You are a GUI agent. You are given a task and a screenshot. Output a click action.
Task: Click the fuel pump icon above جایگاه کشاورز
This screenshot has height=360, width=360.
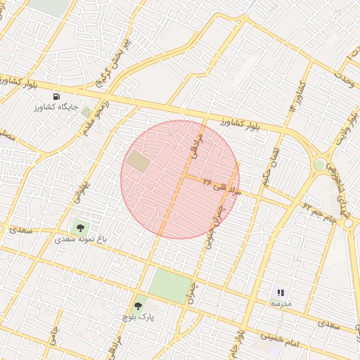(56, 96)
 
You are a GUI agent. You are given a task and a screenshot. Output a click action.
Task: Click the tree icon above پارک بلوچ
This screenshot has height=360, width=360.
(138, 306)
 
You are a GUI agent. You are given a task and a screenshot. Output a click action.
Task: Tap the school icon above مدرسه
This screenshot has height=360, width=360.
(281, 292)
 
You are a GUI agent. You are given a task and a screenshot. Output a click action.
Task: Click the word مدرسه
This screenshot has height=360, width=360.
(281, 303)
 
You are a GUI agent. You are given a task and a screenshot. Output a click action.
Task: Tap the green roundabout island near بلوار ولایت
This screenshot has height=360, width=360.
(320, 165)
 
